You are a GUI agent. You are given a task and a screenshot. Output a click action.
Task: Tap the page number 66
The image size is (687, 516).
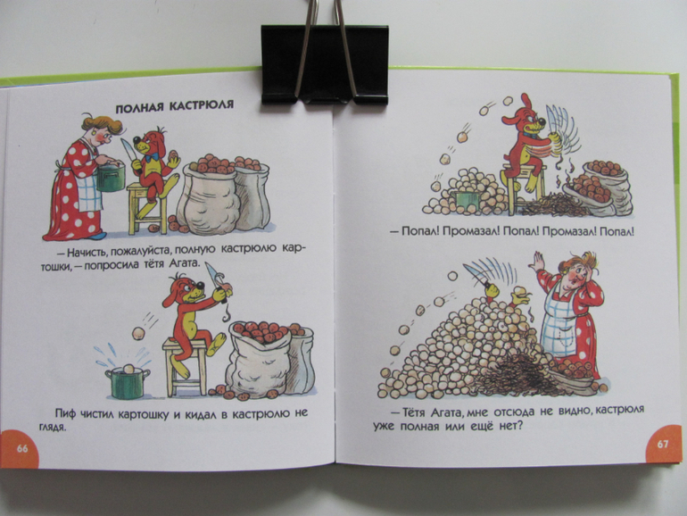22,448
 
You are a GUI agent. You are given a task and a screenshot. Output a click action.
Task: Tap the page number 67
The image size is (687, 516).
662,444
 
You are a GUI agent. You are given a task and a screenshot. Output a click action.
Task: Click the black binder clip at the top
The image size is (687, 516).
324,57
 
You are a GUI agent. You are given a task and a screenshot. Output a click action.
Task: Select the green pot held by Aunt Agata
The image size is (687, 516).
111,177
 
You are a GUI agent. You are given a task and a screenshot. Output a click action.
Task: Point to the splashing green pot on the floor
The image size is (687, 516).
127,383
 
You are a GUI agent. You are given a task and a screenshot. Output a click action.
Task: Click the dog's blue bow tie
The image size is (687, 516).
153,156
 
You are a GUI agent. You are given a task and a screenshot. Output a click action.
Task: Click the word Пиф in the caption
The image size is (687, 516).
64,413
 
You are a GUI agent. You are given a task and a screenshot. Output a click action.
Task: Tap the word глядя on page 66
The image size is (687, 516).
52,428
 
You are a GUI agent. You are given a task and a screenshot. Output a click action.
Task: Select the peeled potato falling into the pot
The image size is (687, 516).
138,334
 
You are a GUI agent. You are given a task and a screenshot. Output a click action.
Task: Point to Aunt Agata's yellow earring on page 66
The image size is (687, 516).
94,131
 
